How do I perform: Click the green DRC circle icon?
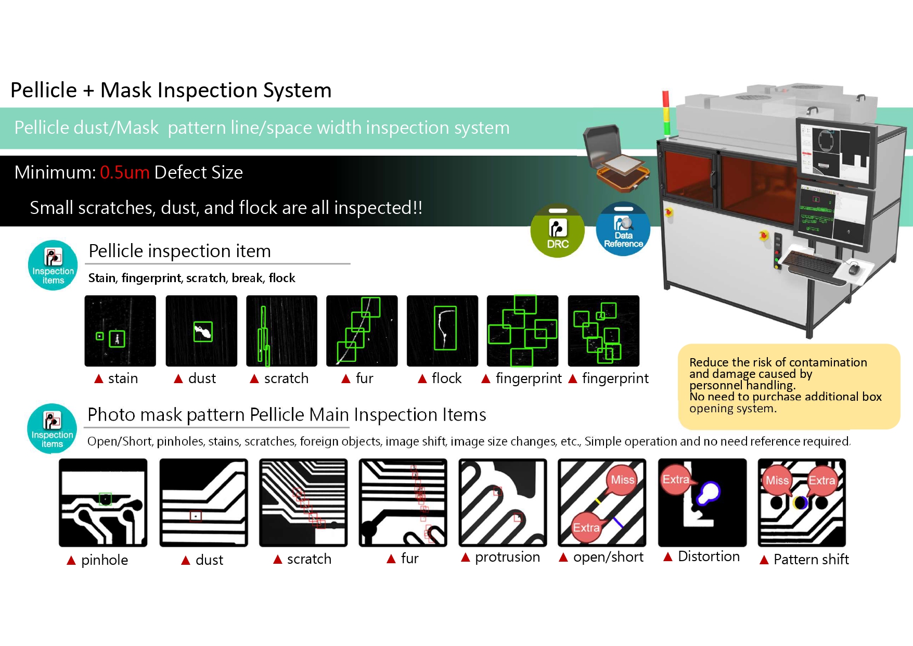[x=557, y=230]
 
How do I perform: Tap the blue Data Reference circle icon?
[x=623, y=229]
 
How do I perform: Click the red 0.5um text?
[x=124, y=172]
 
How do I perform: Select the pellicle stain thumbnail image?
[x=120, y=331]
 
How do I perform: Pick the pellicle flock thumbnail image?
[x=442, y=331]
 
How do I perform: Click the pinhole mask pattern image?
[x=103, y=503]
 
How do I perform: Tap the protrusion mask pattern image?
[x=503, y=503]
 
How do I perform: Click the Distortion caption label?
[x=709, y=556]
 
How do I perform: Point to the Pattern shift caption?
[x=811, y=560]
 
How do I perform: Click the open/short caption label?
[x=608, y=557]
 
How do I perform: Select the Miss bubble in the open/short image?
[x=622, y=480]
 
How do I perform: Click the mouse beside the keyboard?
[x=854, y=269]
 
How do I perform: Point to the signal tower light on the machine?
[x=665, y=113]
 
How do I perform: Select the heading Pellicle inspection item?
[x=179, y=251]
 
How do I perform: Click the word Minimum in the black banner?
[x=55, y=172]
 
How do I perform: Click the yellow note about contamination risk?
[x=789, y=386]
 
